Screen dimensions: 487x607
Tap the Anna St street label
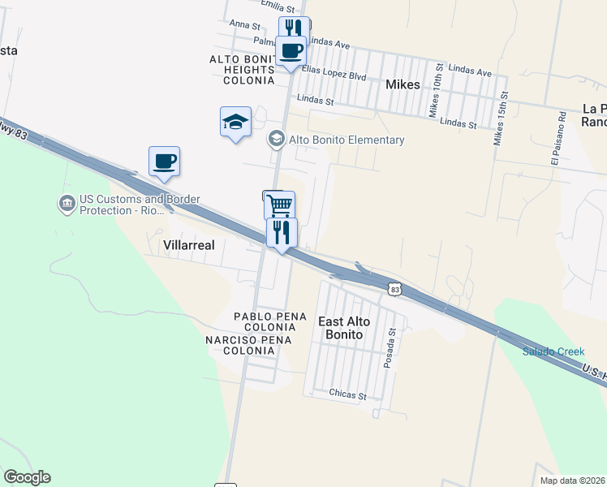point(243,24)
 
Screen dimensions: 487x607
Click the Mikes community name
point(403,84)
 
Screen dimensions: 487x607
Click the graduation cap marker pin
point(235,123)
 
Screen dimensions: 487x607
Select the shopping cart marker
point(279,205)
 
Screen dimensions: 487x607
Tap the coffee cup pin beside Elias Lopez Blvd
point(291,52)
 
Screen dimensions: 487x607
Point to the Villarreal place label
point(189,243)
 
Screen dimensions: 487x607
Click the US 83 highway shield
point(394,288)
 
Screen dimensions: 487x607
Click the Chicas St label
point(348,394)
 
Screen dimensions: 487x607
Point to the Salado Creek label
point(553,351)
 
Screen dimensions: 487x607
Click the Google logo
point(27,477)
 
